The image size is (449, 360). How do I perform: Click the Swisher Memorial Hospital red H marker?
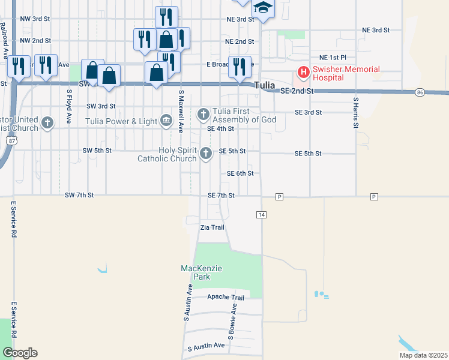tap(303, 73)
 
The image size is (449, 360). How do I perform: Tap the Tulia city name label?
tap(264, 86)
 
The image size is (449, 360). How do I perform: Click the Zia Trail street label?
tap(212, 228)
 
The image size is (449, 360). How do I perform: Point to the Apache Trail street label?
tap(226, 298)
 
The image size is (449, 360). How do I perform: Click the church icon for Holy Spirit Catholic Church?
tap(206, 154)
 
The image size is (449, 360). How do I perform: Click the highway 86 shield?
tap(420, 92)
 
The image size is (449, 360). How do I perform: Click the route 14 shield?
tap(261, 214)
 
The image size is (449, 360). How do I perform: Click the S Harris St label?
tap(355, 112)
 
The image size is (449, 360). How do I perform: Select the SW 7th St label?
tap(80, 195)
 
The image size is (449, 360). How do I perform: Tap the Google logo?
tap(20, 353)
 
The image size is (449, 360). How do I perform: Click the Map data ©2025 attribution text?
tap(423, 355)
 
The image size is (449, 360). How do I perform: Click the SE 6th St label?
tap(240, 173)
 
